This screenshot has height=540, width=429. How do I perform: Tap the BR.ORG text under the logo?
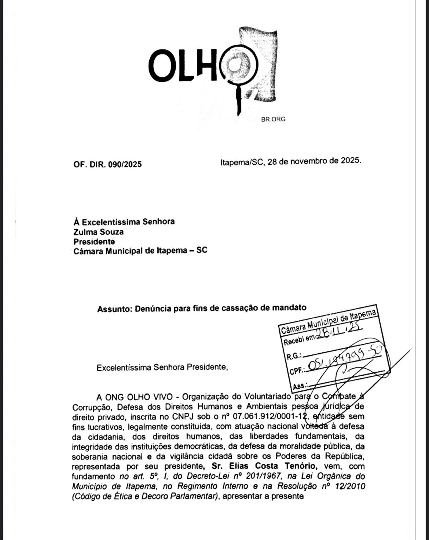click(273, 119)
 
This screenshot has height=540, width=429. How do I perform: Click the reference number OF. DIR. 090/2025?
click(107, 164)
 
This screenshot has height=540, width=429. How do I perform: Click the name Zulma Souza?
click(98, 231)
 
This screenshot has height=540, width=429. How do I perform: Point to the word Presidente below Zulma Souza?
click(94, 241)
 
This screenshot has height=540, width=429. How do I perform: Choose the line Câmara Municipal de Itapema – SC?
click(140, 251)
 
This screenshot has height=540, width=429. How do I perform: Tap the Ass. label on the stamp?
click(300, 386)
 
